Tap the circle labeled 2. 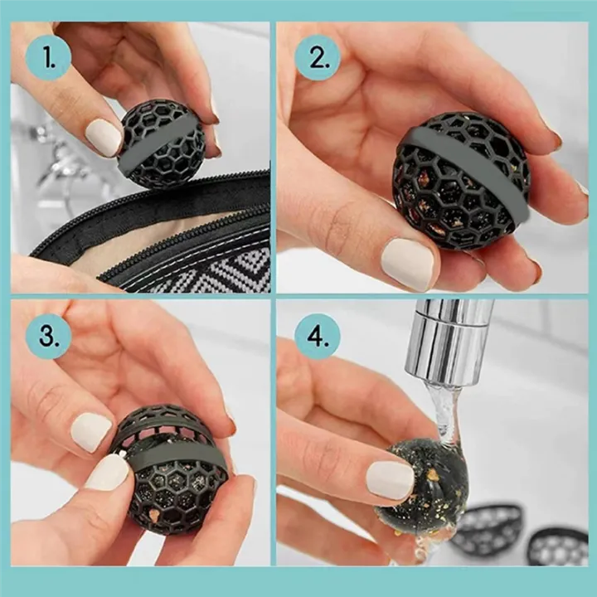click(x=318, y=58)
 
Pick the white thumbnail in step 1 click(x=104, y=137)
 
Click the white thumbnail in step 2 click(x=407, y=264)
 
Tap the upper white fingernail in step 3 click(x=90, y=431)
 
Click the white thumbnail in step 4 click(x=390, y=479)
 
